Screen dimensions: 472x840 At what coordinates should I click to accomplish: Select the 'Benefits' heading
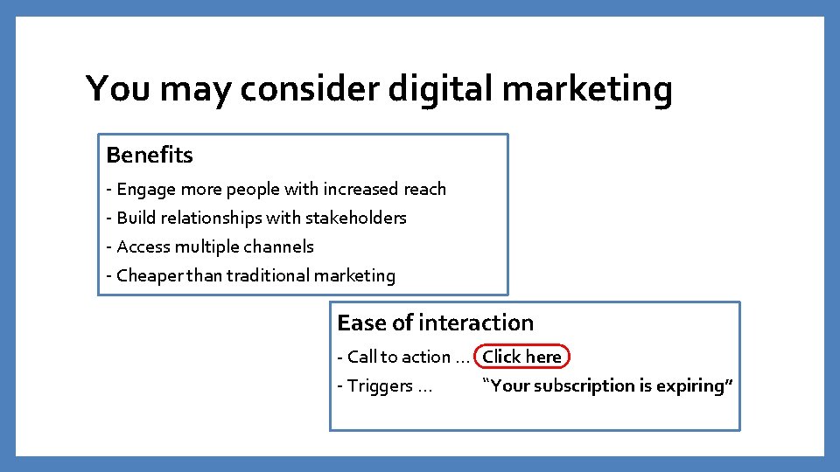(x=150, y=156)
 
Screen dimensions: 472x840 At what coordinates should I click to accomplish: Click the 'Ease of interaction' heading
(x=435, y=323)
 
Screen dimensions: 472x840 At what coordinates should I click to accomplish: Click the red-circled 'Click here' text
(x=521, y=357)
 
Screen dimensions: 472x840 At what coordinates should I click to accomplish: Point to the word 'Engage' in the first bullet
(x=146, y=189)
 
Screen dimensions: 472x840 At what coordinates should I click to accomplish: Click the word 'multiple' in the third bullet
(x=206, y=246)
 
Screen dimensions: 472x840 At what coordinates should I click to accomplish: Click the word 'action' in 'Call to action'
(x=427, y=357)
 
